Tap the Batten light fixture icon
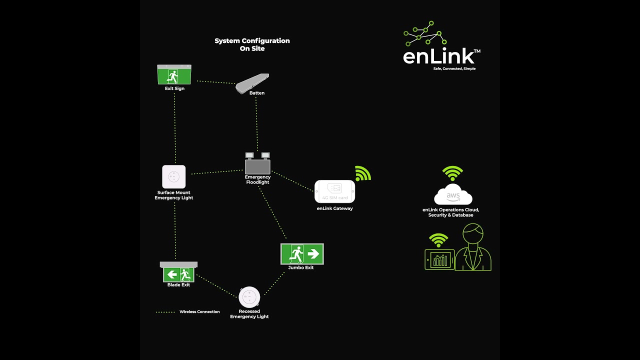pos(252,83)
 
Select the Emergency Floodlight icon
pos(257,163)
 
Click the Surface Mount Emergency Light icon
pos(174,177)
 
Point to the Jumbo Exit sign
pos(302,254)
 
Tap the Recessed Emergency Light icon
pos(249,297)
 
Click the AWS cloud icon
pos(453,195)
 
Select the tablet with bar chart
pos(439,259)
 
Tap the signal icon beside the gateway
pos(363,173)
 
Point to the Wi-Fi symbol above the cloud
pos(452,173)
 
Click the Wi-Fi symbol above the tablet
pos(439,240)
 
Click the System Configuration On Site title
pos(252,44)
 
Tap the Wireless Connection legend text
pos(199,312)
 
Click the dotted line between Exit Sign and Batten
pos(216,82)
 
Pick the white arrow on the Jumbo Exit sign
pos(313,254)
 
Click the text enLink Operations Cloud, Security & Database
pos(450,212)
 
